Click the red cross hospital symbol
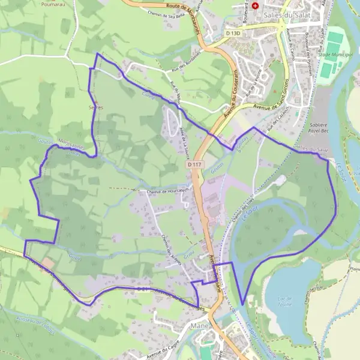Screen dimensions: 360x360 point(256,5)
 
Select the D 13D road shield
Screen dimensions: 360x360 point(233,34)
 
